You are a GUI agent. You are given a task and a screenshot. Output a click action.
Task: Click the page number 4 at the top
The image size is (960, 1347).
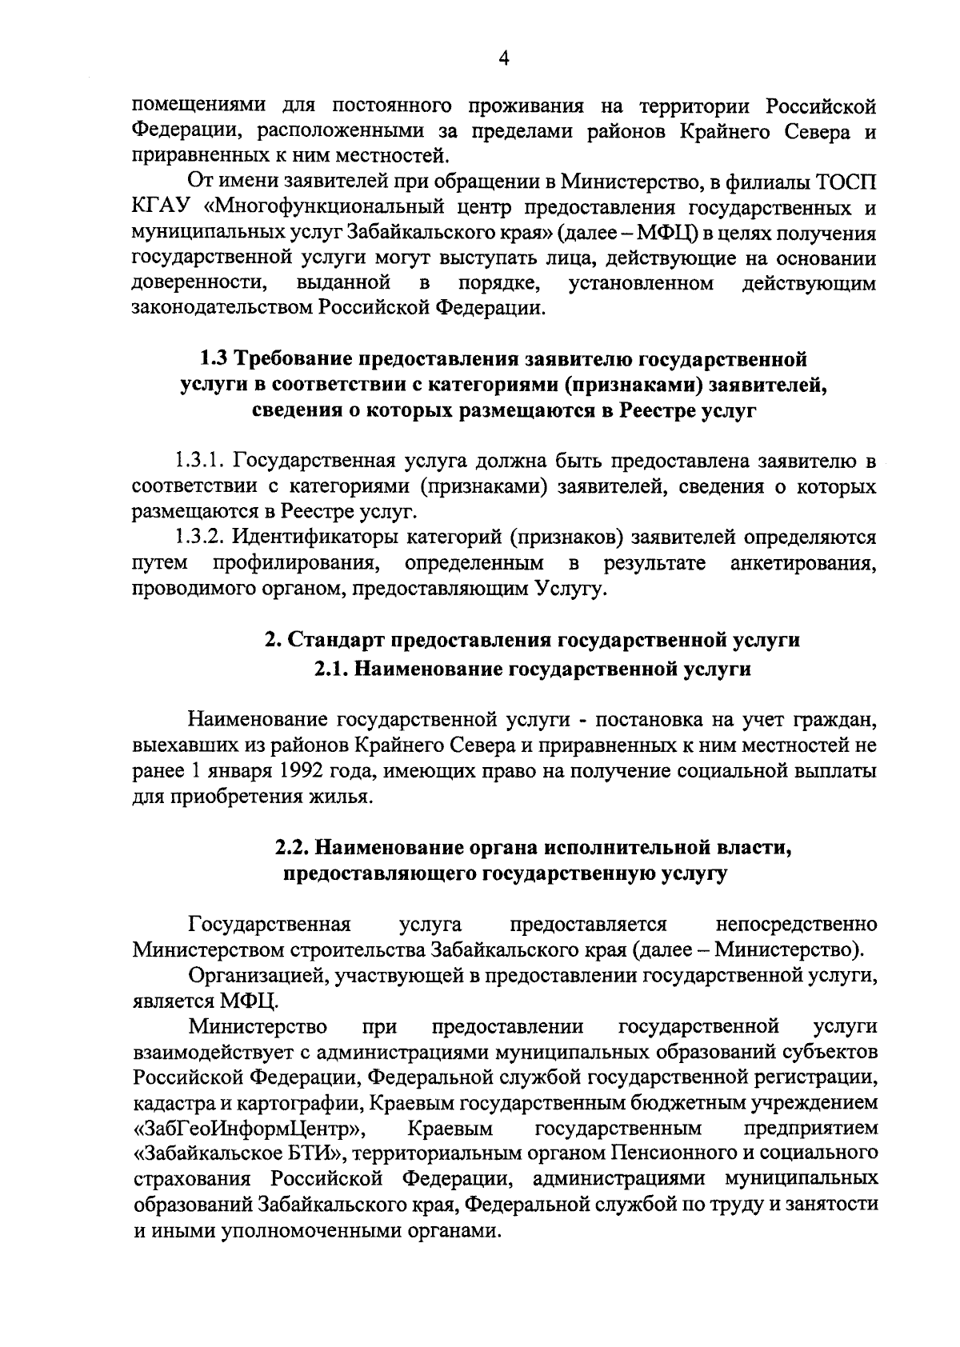503,57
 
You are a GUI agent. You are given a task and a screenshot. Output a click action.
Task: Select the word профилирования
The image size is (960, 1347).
296,562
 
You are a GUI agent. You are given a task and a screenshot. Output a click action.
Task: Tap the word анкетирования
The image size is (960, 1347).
803,562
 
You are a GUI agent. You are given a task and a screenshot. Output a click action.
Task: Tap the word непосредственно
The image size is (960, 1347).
796,925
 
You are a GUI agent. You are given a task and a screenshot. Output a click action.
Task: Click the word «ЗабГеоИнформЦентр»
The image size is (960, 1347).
250,1129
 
